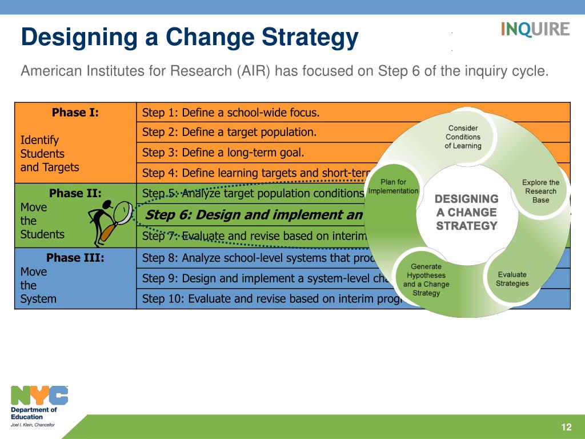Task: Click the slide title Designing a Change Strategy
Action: [190, 38]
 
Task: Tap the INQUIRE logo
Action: [535, 29]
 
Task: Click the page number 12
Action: [566, 428]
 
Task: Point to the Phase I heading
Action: [75, 113]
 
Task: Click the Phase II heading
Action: [75, 193]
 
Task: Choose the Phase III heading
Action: [75, 258]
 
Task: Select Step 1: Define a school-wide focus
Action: [231, 113]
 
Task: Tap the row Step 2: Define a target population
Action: [229, 132]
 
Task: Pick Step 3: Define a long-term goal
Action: [223, 152]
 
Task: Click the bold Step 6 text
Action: [254, 215]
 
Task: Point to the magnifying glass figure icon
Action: [110, 222]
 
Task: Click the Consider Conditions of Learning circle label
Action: [463, 137]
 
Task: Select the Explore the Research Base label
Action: [540, 191]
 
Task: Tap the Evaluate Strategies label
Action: [512, 279]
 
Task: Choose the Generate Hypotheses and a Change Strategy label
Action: [426, 280]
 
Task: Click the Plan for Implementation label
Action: [393, 186]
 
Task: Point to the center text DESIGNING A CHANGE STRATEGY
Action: [467, 212]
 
